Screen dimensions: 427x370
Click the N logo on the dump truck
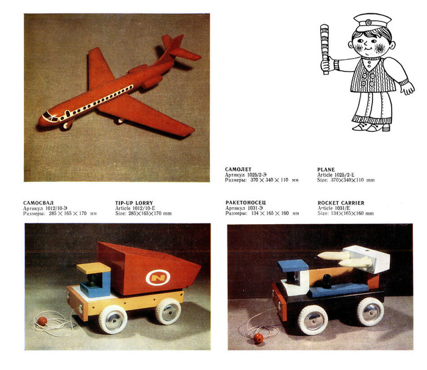pos(158,277)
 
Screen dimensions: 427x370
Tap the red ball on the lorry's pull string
pos(42,321)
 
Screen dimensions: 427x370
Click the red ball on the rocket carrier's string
pos(258,338)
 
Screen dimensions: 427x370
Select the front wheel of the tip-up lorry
pos(113,319)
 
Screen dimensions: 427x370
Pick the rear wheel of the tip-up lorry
pos(168,311)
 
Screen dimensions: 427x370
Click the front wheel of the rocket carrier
pos(313,320)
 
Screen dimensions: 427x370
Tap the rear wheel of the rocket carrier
pos(370,311)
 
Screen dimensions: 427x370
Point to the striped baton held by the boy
pos(325,49)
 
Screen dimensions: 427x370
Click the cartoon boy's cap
pos(372,23)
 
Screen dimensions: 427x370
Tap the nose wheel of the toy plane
pos(66,125)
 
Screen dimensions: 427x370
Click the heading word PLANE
pos(326,169)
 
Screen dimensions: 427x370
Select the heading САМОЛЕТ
pos(238,169)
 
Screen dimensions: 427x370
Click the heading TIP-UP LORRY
pos(134,203)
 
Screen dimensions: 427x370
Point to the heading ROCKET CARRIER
pos(341,203)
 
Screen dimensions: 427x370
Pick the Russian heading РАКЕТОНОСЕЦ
pos(246,203)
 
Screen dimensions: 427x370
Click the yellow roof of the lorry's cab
pos(93,268)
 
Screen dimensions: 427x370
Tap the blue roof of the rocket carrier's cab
pos(293,266)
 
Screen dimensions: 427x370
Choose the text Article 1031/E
pos(334,208)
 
